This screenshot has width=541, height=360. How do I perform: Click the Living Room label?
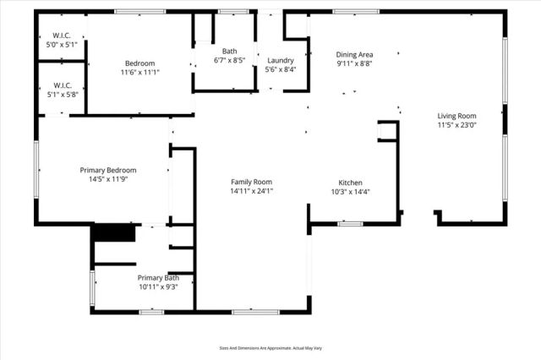point(456,116)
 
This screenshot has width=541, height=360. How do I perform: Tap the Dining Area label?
point(354,54)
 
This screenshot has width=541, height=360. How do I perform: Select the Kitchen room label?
point(351,183)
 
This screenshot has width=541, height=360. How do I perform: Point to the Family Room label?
point(252,182)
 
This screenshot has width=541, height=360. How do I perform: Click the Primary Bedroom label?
point(108,170)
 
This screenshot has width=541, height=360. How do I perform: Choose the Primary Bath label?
point(159,277)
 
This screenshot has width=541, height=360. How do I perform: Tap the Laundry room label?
point(280,61)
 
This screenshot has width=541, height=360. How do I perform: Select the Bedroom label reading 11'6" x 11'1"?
point(140,63)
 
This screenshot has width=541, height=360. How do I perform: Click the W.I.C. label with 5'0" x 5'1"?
point(60,36)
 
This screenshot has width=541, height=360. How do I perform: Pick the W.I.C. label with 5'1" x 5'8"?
point(60,85)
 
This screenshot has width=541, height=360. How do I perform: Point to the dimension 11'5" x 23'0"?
point(456,125)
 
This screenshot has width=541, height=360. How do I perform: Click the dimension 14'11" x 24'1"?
point(252,191)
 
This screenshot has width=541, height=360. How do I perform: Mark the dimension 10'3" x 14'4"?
point(351,192)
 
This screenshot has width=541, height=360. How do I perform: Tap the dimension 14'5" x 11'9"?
point(108,179)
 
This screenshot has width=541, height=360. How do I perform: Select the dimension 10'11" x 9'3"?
point(159,286)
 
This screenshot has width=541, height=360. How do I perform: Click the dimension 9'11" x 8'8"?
point(354,63)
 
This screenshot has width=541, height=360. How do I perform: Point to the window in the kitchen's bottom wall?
point(350,224)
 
